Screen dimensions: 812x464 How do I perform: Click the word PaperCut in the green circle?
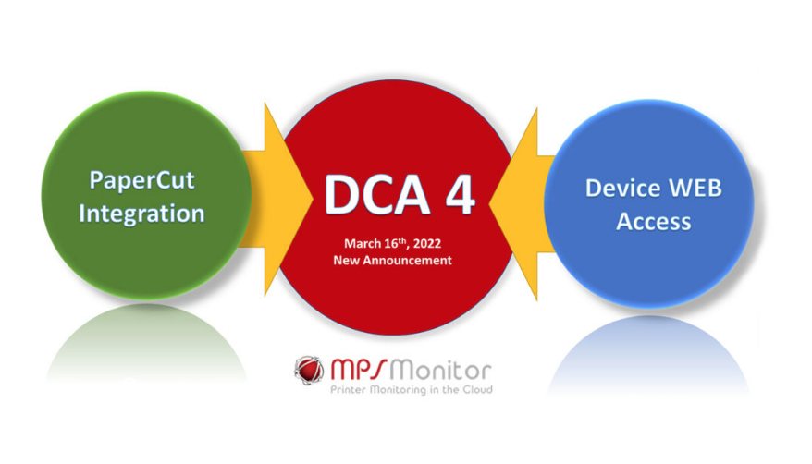click(141, 181)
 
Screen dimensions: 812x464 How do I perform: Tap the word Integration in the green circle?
click(141, 214)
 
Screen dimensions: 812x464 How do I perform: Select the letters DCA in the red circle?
click(376, 194)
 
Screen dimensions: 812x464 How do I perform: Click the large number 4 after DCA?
click(461, 194)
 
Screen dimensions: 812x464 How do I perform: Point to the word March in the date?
click(363, 244)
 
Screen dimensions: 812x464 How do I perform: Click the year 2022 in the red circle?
click(426, 244)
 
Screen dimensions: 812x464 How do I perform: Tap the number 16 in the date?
click(390, 244)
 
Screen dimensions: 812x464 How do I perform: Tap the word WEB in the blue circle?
click(695, 188)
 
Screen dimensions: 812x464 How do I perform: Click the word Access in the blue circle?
click(654, 222)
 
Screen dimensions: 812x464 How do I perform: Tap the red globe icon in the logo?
click(309, 371)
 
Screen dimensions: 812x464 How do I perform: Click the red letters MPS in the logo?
click(358, 369)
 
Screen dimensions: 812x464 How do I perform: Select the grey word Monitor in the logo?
click(440, 371)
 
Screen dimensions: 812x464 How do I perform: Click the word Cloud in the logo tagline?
click(478, 389)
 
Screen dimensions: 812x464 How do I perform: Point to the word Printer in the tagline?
click(348, 389)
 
